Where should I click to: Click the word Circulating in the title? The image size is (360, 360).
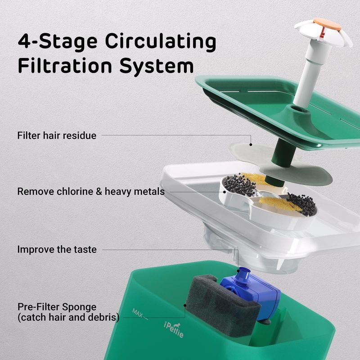coord(161,42)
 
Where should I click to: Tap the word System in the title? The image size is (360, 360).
coord(157,66)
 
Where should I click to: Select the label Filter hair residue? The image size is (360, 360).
coord(57,135)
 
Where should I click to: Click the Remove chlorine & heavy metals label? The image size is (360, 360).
coord(91,192)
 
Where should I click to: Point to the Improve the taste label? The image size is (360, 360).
coord(57,250)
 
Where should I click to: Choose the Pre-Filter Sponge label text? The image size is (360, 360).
coord(57,307)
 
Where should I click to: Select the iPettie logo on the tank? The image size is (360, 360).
coord(174,330)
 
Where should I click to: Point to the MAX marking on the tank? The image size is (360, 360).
coord(138,312)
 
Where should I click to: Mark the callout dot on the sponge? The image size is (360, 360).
coord(185,306)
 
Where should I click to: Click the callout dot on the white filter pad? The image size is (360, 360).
coord(251,144)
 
